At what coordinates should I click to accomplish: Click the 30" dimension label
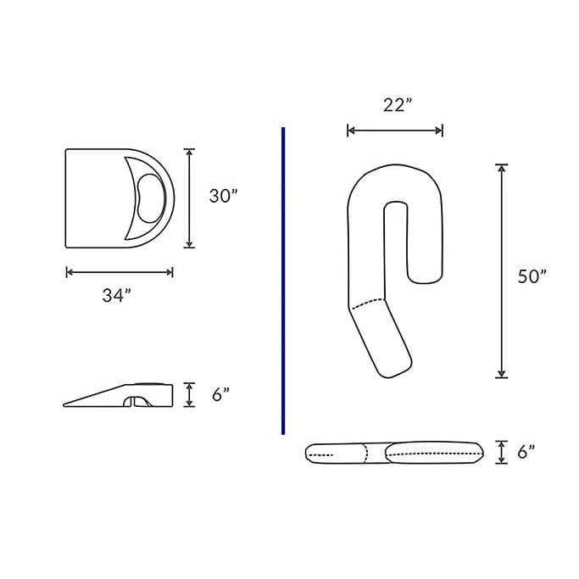[x=223, y=196]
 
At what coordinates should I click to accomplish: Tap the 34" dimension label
[x=117, y=296]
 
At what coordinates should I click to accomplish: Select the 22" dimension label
[x=397, y=105]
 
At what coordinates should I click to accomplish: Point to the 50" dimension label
[x=532, y=276]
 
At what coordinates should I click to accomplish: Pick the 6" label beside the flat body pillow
[x=527, y=453]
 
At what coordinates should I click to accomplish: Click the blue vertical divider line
[x=282, y=280]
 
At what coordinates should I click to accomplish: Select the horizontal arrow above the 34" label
[x=120, y=272]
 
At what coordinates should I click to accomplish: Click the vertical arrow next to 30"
[x=189, y=198]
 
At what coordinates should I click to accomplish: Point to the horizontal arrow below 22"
[x=395, y=131]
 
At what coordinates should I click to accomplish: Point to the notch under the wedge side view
[x=138, y=400]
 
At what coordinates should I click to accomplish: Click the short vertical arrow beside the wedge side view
[x=190, y=395]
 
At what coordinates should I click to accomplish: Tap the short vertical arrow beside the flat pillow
[x=502, y=453]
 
